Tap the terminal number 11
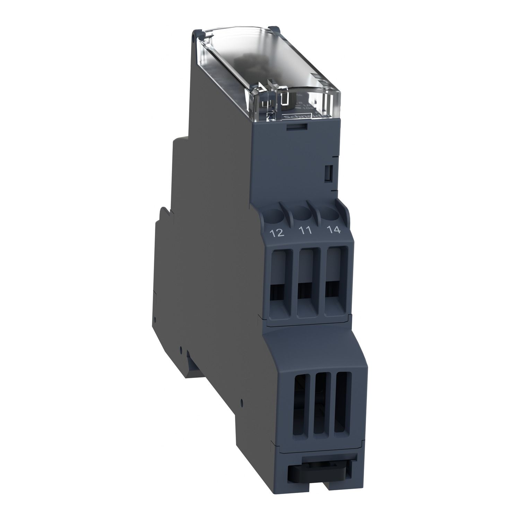pos(305,231)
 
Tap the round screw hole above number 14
pos(331,213)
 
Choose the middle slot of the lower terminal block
pos(322,395)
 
